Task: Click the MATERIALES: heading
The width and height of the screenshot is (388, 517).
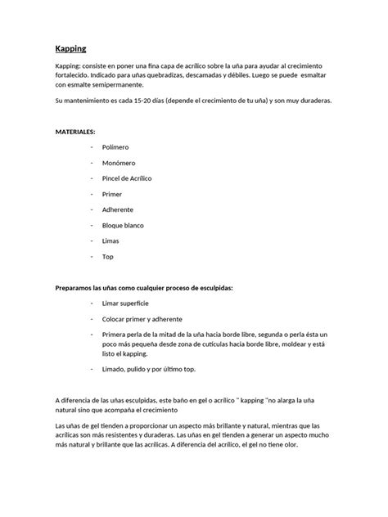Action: tap(75, 131)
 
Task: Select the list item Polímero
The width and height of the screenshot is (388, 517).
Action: tap(115, 146)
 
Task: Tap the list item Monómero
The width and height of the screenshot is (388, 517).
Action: tap(118, 162)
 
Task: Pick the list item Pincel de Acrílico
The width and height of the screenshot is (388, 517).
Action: tap(127, 178)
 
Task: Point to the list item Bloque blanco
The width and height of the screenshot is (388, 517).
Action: tap(123, 225)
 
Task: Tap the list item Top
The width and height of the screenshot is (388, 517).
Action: tap(107, 256)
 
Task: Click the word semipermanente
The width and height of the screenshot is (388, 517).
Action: tap(117, 84)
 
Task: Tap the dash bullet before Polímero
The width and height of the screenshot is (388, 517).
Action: tap(91, 146)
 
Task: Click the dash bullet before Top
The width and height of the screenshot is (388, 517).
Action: tap(91, 256)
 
